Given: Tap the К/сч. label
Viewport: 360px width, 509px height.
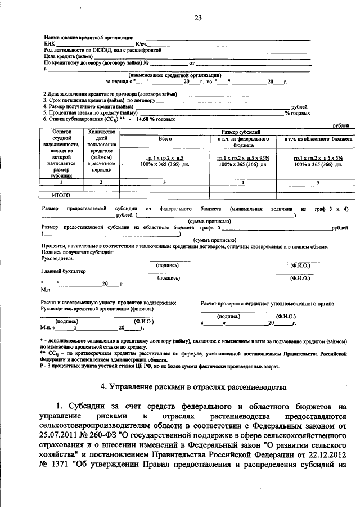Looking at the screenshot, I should (x=141, y=43).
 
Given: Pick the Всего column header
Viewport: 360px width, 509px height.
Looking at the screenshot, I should (x=165, y=138).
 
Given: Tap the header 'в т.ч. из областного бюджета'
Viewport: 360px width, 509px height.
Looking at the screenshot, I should (x=318, y=138).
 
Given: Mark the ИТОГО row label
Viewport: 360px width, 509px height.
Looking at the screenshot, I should (x=59, y=195).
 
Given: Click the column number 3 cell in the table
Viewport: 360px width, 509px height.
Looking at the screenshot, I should (x=165, y=182).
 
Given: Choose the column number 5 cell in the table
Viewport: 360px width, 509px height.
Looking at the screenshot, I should (x=318, y=182).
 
